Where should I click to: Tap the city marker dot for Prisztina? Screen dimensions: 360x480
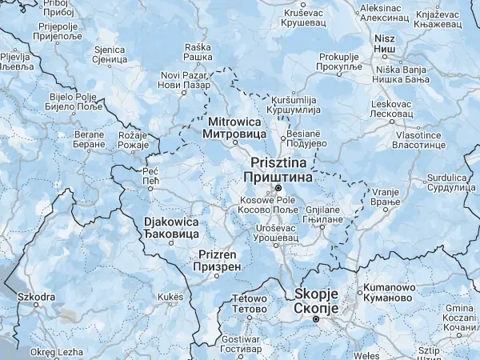pyautogui.click(x=278, y=189)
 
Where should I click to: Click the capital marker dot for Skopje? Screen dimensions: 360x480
pyautogui.click(x=316, y=319)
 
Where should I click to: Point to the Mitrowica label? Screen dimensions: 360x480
pyautogui.click(x=235, y=128)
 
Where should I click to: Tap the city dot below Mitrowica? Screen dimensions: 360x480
pyautogui.click(x=234, y=145)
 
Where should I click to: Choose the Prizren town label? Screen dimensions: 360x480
pyautogui.click(x=218, y=260)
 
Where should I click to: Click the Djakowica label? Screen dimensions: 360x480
pyautogui.click(x=170, y=227)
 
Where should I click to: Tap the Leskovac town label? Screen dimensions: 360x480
pyautogui.click(x=391, y=110)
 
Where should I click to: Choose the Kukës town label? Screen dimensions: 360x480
pyautogui.click(x=170, y=296)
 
